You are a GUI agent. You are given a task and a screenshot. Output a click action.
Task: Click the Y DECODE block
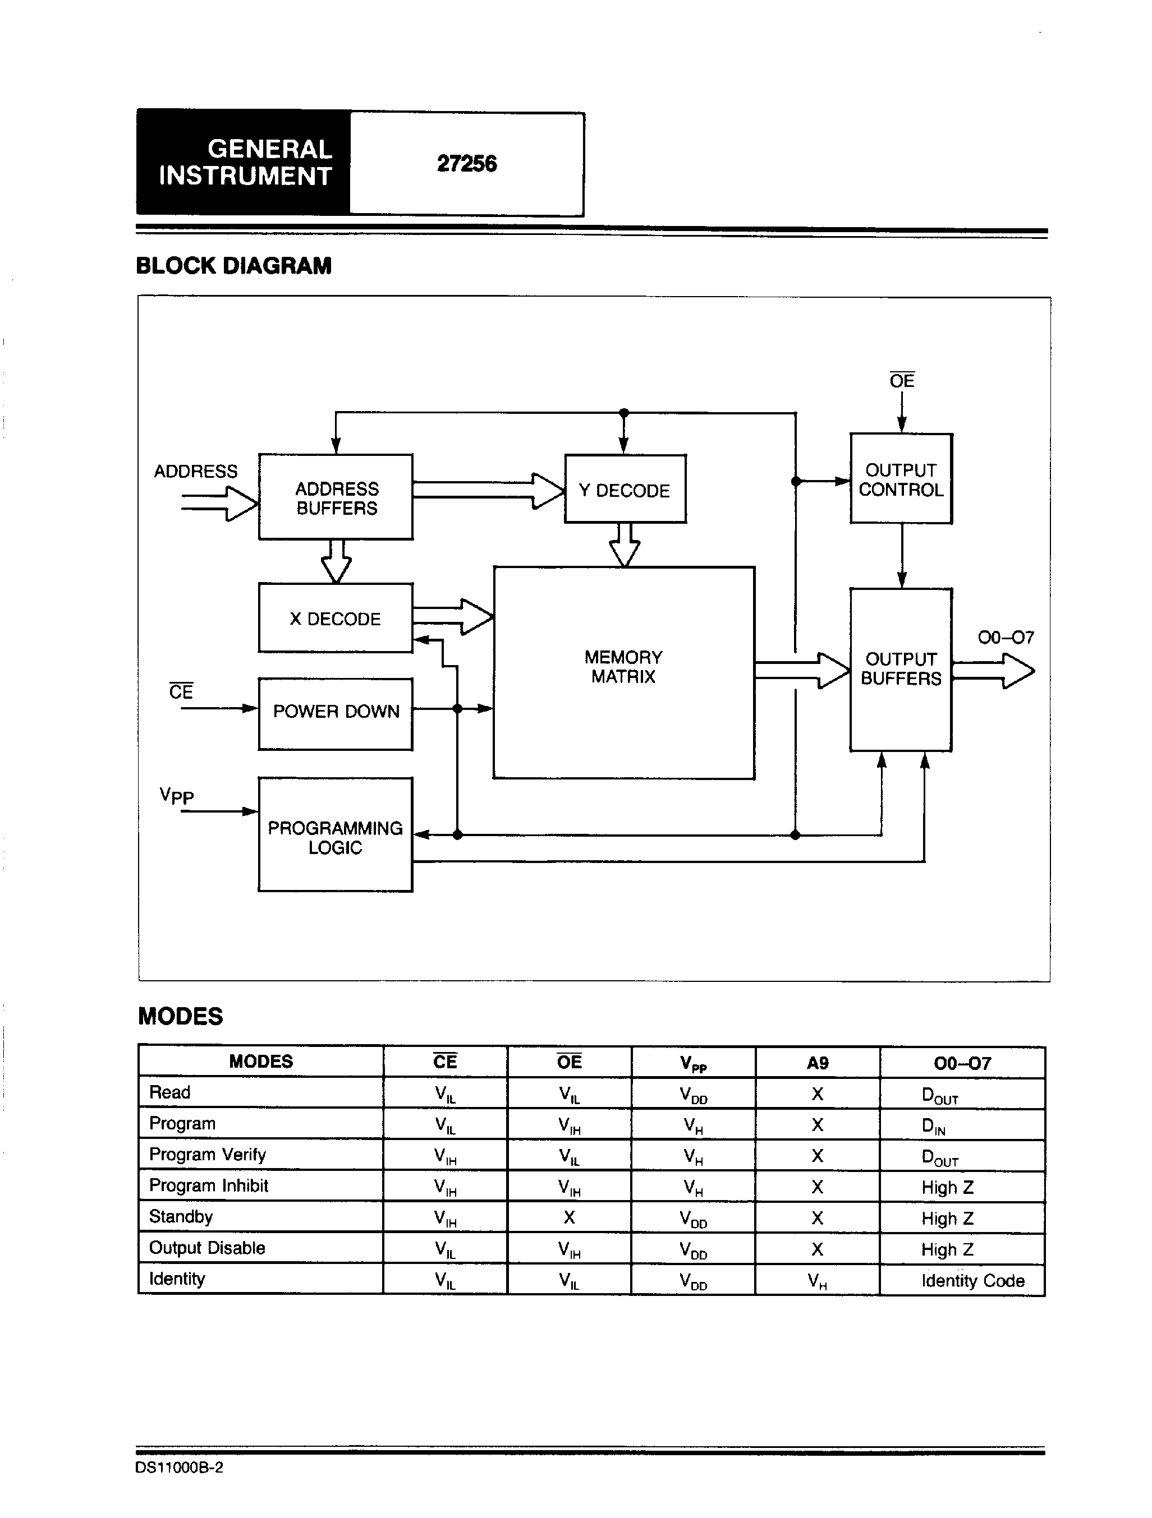pos(625,488)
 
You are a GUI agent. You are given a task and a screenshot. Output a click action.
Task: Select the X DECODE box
pos(335,617)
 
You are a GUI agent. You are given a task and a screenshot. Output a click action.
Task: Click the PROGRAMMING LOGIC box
pos(335,834)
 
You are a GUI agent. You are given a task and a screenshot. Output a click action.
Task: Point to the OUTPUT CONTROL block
pos(901,478)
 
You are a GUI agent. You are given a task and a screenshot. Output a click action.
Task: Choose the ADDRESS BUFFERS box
pos(335,497)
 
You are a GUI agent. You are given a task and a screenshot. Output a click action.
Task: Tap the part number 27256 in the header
pos(467,164)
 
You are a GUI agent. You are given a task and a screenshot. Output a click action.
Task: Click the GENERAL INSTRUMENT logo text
pos(245,163)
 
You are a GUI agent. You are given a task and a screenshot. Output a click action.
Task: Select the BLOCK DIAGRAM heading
pos(233,266)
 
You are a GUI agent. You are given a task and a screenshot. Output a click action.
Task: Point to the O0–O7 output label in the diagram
pos(1006,638)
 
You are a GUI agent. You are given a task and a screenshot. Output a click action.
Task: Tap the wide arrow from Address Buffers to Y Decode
pos(488,490)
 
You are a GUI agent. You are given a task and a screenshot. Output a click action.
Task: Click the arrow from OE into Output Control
pos(901,412)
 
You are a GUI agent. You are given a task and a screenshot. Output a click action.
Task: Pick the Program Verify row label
pos(207,1155)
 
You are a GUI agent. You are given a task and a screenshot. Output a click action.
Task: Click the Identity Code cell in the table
pos(973,1281)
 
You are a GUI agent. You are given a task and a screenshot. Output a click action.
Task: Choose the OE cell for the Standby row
pos(569,1217)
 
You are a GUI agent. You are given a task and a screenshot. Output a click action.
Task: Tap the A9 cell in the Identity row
pos(817,1281)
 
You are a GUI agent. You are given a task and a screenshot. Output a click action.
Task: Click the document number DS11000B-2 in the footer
pos(179,1468)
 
